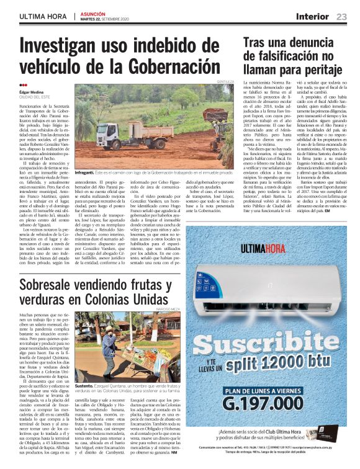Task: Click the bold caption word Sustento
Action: (86, 385)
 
